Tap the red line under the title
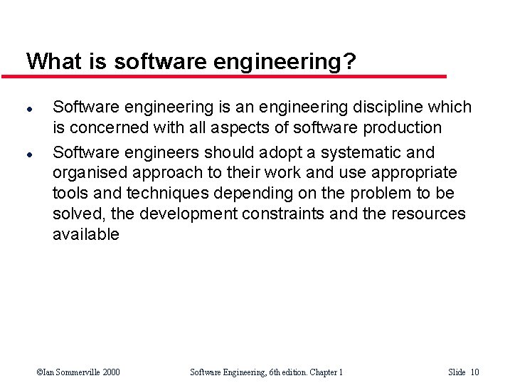(235, 75)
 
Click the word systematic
(365, 152)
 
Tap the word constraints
(300, 214)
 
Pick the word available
(86, 235)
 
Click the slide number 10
(474, 372)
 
